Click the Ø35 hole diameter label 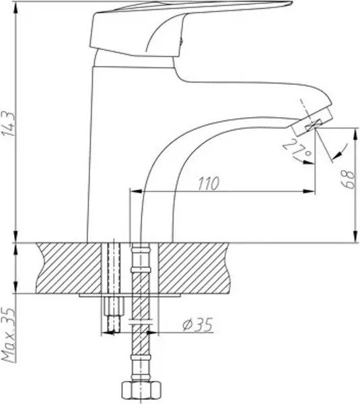197,325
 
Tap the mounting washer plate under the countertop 131,294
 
